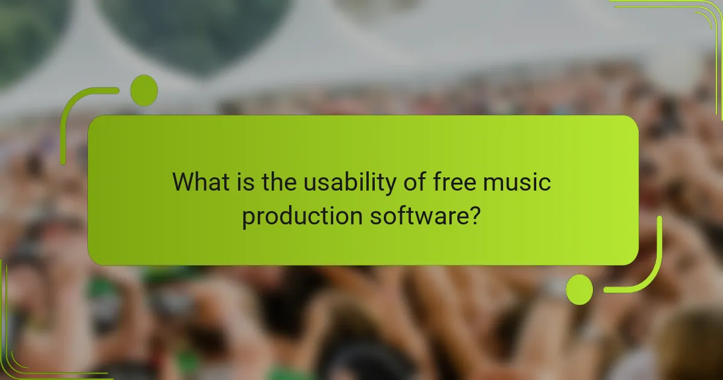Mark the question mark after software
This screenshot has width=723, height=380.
click(x=475, y=216)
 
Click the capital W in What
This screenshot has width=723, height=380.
click(x=185, y=182)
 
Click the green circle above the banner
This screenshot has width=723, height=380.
click(x=143, y=90)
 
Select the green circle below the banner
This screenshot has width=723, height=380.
click(x=579, y=290)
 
